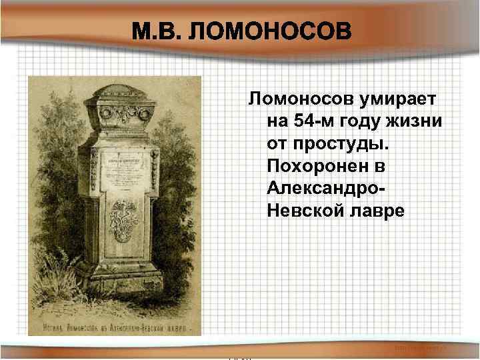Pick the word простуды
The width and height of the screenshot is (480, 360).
pyautogui.click(x=343, y=144)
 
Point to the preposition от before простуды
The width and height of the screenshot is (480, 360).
pyautogui.click(x=277, y=144)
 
